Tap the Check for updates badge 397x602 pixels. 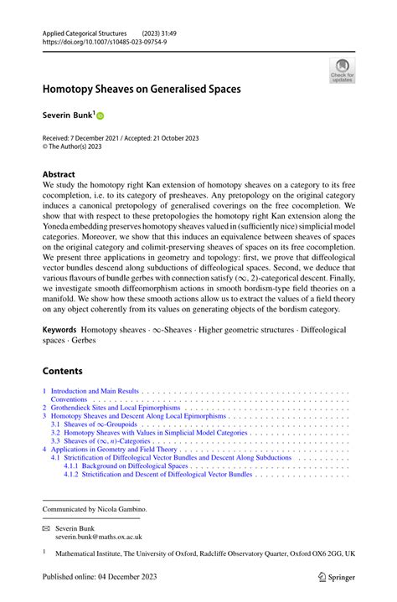pyautogui.click(x=341, y=70)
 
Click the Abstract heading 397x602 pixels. pyautogui.click(x=64, y=175)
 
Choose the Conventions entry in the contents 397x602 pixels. pyautogui.click(x=73, y=400)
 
